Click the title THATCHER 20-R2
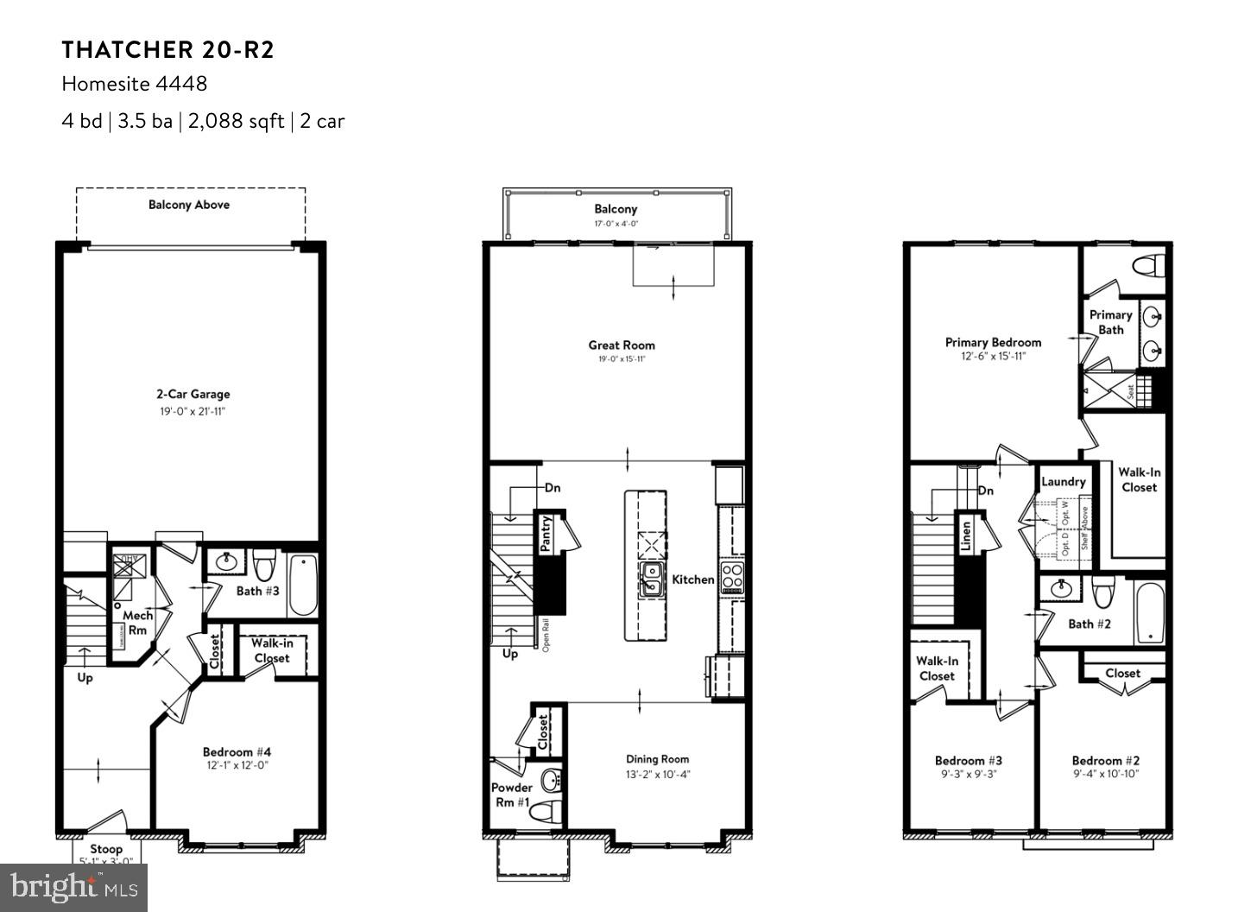(167, 50)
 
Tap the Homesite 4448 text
(134, 84)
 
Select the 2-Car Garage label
(193, 394)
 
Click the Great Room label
(622, 345)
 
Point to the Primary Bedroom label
(993, 342)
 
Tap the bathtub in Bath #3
(303, 585)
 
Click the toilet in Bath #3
(263, 565)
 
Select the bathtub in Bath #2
(1149, 613)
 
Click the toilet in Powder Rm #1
(545, 812)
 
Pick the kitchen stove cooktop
(732, 576)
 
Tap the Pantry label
(546, 534)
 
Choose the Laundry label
(1063, 482)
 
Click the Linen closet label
(966, 535)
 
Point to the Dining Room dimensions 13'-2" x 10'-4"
(658, 775)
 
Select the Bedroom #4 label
(237, 751)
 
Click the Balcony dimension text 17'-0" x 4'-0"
(616, 224)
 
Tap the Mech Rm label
(137, 623)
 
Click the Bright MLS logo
(74, 887)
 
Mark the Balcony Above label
(189, 205)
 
